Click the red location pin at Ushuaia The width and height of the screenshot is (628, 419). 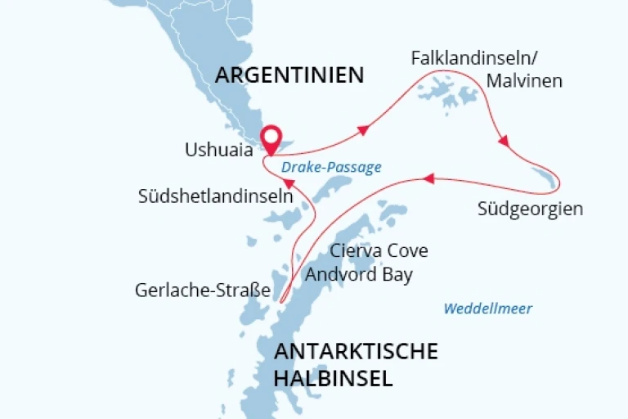pos(270,137)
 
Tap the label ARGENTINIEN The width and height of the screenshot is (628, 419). pos(289,75)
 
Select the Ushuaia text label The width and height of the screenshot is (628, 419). pos(218,151)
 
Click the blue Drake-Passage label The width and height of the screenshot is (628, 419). pos(330,167)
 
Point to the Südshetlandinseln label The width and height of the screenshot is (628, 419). pos(215,196)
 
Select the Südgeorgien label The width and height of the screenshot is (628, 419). pos(530,209)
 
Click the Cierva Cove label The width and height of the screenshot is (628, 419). pos(378,250)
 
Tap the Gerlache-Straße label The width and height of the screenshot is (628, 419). pos(202,291)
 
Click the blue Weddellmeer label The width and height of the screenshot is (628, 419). pos(487,309)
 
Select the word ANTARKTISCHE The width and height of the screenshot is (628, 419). pos(356,352)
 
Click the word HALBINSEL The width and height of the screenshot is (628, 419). pos(333,379)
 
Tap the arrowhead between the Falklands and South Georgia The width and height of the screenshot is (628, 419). pos(504,142)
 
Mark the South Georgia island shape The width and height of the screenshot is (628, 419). pos(545,177)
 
